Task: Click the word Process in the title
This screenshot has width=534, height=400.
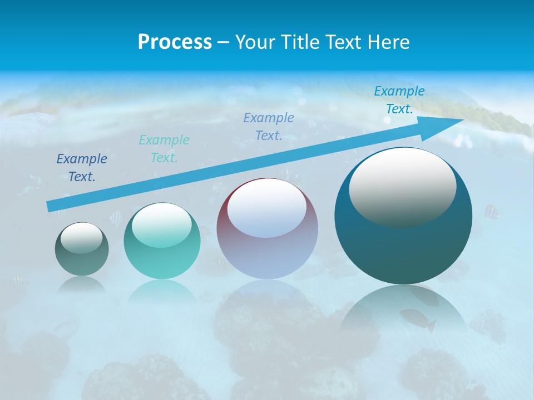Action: [175, 42]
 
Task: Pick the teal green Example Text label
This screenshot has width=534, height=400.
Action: [164, 148]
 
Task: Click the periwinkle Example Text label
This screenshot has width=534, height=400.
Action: [269, 126]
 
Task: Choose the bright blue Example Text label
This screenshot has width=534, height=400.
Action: [399, 100]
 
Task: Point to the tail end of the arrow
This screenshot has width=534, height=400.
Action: [51, 207]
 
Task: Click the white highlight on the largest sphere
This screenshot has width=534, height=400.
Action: [402, 187]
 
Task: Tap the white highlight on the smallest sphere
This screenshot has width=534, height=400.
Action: [81, 238]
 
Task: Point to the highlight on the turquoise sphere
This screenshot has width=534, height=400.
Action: [161, 224]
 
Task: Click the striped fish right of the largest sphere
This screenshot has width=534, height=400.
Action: [491, 212]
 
